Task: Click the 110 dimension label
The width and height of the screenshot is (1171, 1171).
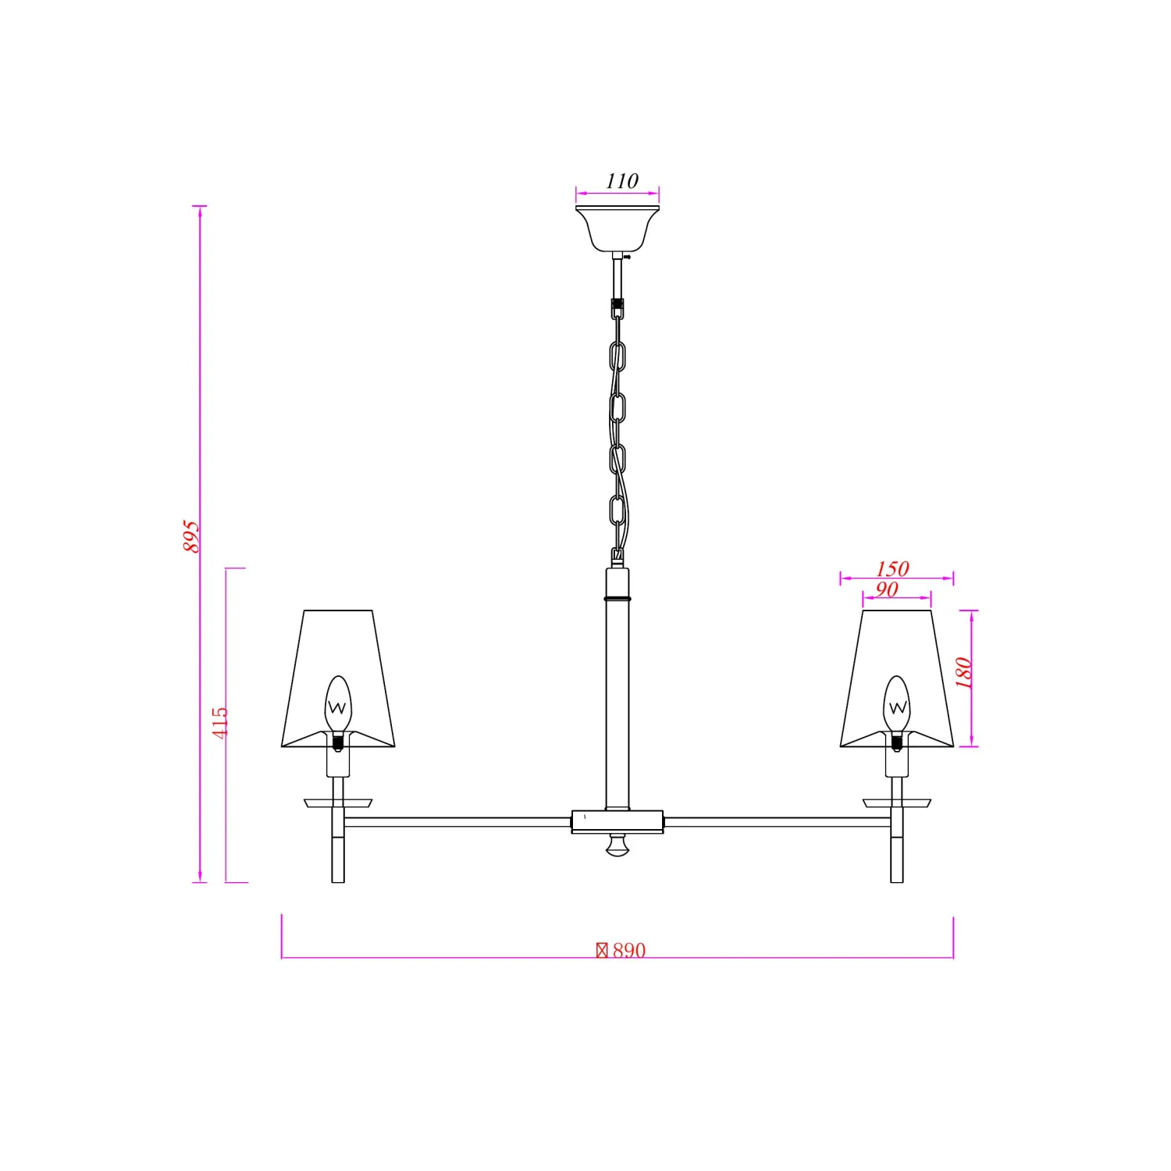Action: click(622, 181)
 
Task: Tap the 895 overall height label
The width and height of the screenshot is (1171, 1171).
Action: click(191, 536)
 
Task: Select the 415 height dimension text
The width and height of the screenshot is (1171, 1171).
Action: click(220, 723)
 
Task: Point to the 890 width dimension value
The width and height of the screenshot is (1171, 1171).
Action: click(629, 950)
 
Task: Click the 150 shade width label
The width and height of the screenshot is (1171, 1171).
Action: click(892, 568)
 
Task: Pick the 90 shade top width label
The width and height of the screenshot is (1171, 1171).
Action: click(887, 589)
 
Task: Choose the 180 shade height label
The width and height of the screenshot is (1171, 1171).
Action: click(963, 673)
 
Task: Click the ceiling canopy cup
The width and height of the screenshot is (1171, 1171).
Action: click(618, 229)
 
